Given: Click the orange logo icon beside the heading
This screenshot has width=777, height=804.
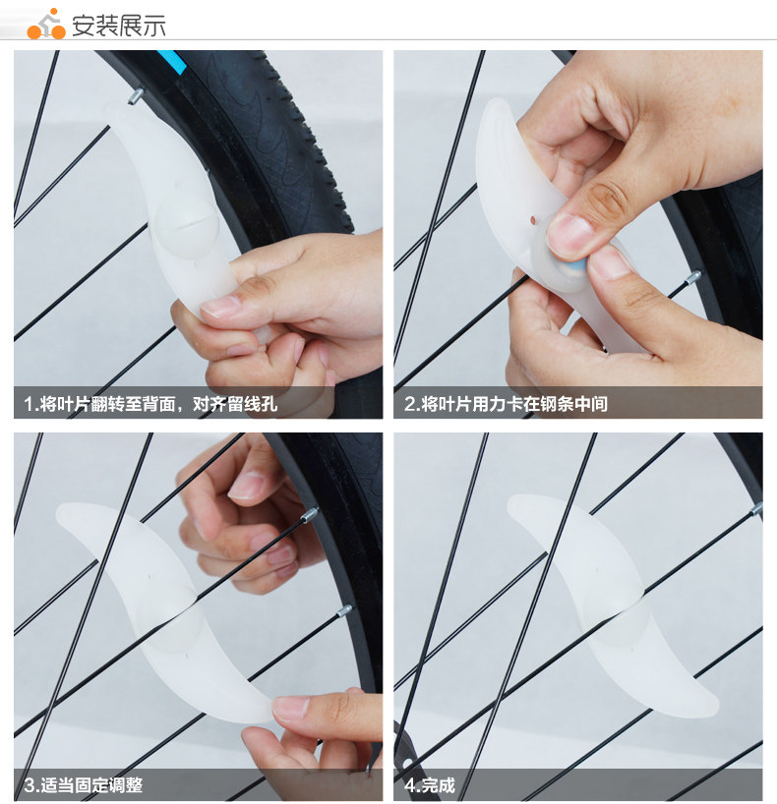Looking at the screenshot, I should [x=45, y=24].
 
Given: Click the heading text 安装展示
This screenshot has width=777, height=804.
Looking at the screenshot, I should [x=119, y=25].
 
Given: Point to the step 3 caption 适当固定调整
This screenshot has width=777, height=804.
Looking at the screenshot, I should [x=84, y=785].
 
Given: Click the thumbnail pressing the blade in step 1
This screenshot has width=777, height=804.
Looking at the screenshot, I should [x=220, y=307].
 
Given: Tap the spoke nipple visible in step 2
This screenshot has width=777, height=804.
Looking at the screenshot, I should [x=693, y=276].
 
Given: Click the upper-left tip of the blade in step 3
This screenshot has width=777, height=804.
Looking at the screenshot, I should [x=63, y=510].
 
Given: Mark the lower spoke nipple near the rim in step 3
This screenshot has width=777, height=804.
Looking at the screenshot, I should [x=343, y=610].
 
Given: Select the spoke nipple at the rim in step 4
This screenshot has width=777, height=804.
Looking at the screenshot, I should [x=755, y=509].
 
